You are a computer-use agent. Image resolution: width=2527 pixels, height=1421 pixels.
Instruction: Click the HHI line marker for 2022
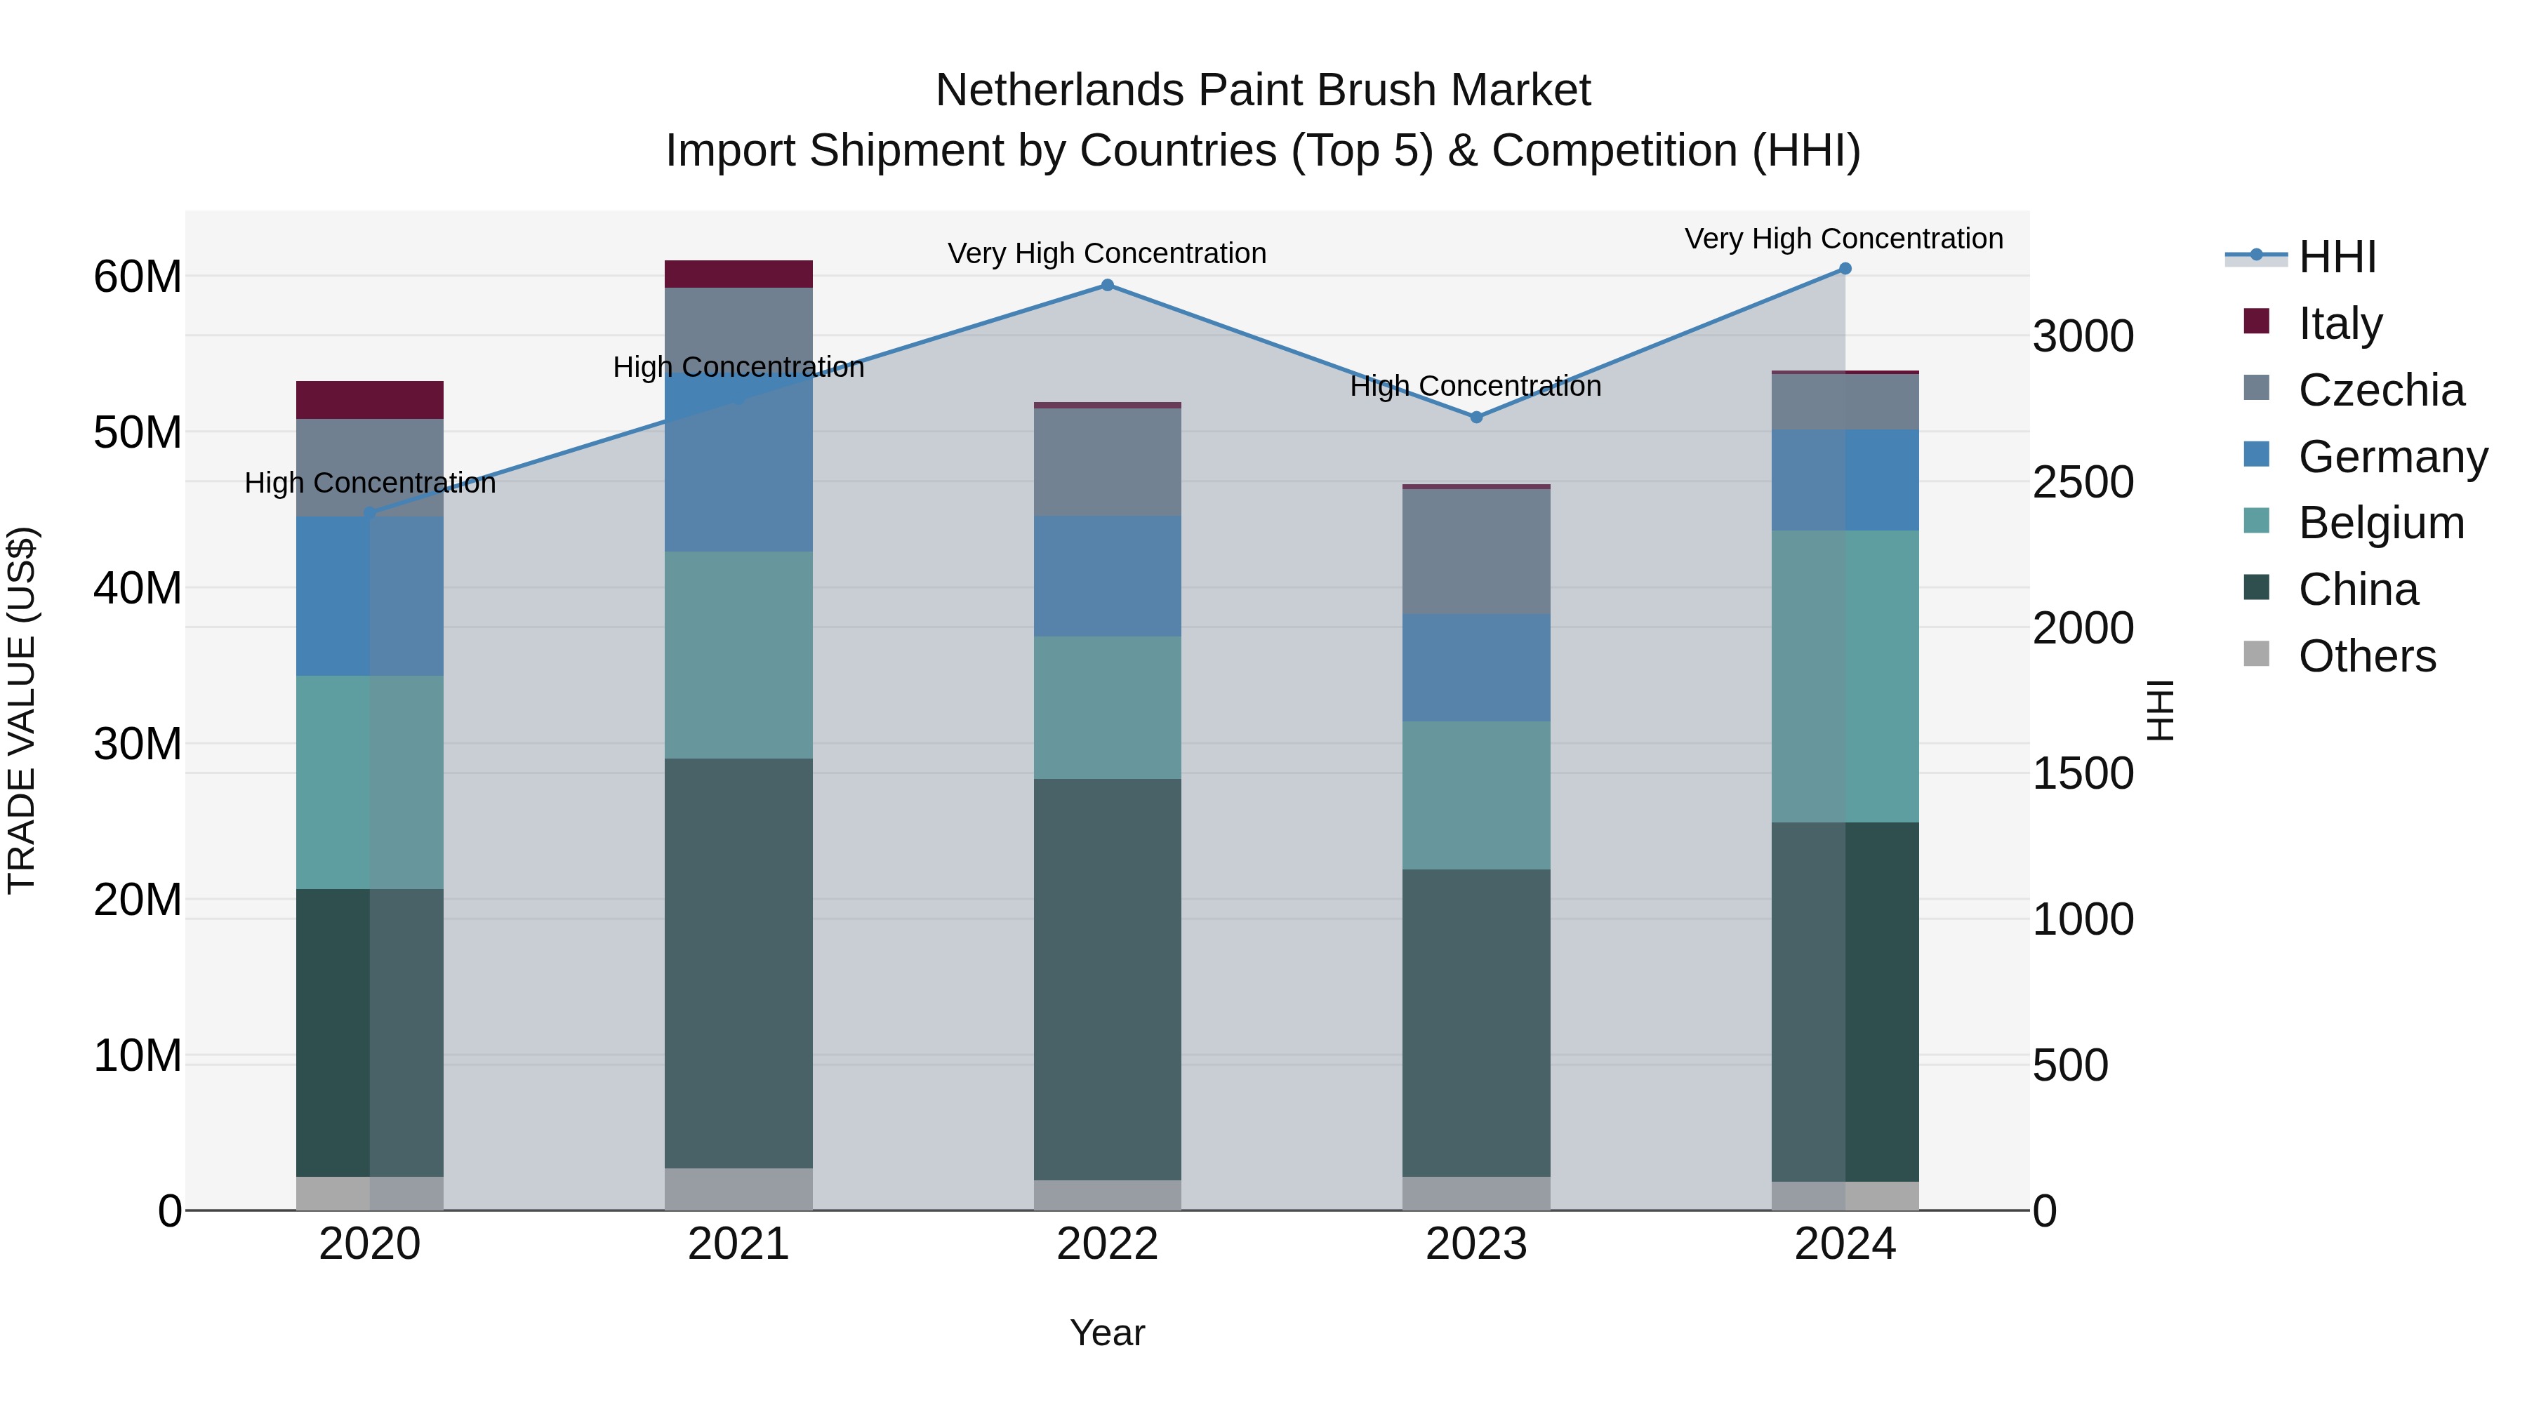click(1108, 286)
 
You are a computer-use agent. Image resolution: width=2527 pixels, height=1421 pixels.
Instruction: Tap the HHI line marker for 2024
click(1845, 269)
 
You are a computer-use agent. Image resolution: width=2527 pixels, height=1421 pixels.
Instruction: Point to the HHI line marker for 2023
click(1476, 417)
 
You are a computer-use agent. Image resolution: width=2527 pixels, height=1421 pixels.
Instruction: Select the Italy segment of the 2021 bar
click(738, 274)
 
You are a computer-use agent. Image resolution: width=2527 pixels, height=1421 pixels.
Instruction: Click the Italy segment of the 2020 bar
click(370, 400)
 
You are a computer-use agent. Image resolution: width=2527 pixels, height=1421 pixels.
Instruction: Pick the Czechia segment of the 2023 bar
click(1476, 551)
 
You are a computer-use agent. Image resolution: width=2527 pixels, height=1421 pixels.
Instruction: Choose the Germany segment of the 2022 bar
click(1108, 577)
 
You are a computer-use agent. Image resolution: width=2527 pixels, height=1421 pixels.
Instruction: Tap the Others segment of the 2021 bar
click(738, 1189)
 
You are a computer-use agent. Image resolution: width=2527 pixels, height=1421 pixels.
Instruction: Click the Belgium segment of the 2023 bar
click(1476, 795)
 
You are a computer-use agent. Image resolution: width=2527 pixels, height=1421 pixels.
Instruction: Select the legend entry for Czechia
click(2381, 390)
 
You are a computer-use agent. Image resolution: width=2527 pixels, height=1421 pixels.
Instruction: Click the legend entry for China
click(2359, 589)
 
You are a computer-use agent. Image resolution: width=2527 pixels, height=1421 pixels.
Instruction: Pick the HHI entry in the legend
click(2337, 257)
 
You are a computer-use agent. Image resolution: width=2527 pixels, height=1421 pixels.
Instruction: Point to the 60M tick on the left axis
click(138, 276)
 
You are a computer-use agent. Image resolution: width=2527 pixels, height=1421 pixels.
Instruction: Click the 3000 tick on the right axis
click(2083, 336)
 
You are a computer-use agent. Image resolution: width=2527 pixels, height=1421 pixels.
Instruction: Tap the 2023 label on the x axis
click(1476, 1244)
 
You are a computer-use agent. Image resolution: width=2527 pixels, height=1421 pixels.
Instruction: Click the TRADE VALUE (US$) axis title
click(22, 710)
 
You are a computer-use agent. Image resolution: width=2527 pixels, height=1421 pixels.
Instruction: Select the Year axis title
click(1108, 1333)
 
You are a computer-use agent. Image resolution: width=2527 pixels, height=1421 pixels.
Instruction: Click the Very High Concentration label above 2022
click(1108, 254)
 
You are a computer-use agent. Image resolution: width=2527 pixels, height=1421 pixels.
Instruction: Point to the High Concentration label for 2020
click(370, 483)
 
